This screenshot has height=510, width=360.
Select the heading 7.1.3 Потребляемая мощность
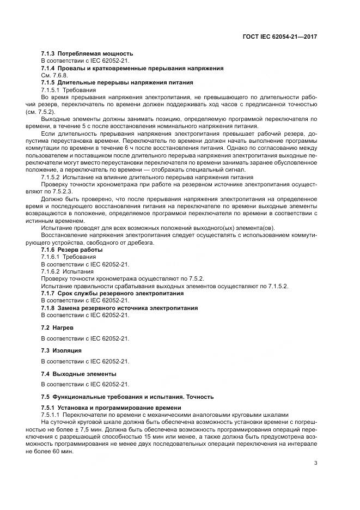pos(87,53)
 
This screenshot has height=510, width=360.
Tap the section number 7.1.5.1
pos(51,89)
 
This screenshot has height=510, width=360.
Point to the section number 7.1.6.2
pos(51,271)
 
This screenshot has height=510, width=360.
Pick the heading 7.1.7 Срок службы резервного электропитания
pos(113,293)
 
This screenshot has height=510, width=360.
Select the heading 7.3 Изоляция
pos(62,350)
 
